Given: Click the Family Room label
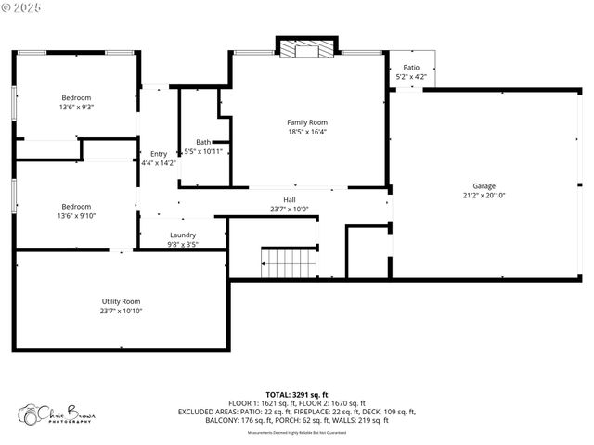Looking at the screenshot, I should pyautogui.click(x=306, y=122).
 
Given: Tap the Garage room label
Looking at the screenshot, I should pyautogui.click(x=484, y=186).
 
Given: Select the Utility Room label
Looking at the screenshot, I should pyautogui.click(x=121, y=301).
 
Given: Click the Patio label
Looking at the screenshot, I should pyautogui.click(x=410, y=68).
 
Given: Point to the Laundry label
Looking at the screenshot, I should pyautogui.click(x=183, y=235).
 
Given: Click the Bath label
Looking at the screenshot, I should pyautogui.click(x=202, y=142).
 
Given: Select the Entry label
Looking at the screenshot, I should pyautogui.click(x=159, y=154).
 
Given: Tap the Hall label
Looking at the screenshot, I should pyautogui.click(x=289, y=199).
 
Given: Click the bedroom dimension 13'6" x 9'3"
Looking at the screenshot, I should pyautogui.click(x=76, y=107).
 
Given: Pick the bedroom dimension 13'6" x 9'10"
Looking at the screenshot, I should pyautogui.click(x=76, y=216).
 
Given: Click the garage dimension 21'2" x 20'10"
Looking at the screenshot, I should pyautogui.click(x=484, y=196).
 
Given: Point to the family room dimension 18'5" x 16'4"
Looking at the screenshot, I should pyautogui.click(x=306, y=132).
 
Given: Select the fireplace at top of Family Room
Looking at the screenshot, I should pyautogui.click(x=306, y=50).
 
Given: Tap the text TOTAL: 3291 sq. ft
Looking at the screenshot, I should pyautogui.click(x=297, y=394).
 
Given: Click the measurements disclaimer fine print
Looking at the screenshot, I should pyautogui.click(x=297, y=432).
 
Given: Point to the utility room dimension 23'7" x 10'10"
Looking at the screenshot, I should pyautogui.click(x=121, y=311).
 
